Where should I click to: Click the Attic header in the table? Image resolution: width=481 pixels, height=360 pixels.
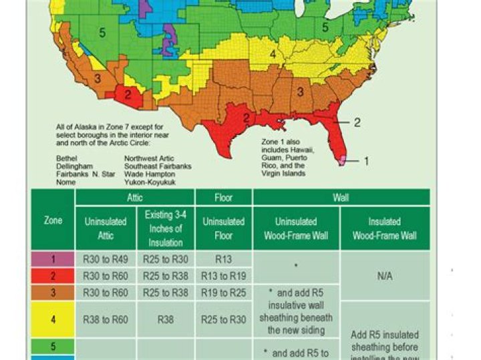tap(134, 197)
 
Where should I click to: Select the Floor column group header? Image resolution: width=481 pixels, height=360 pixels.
tap(224, 197)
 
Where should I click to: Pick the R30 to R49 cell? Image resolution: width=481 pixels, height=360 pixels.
tap(106, 258)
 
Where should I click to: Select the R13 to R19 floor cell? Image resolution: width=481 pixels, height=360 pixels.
tap(224, 275)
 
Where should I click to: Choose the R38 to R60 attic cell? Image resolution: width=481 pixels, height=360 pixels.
tap(106, 319)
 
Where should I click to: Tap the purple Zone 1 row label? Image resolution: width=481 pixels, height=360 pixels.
tap(53, 258)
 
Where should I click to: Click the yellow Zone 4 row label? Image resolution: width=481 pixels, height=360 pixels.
tap(53, 319)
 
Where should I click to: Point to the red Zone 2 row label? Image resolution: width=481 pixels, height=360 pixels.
tap(53, 275)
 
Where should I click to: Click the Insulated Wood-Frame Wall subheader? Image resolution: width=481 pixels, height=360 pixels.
tap(385, 228)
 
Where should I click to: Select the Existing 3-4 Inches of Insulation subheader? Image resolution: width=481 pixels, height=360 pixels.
tap(166, 228)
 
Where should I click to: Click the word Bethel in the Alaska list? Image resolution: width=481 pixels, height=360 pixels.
tap(67, 158)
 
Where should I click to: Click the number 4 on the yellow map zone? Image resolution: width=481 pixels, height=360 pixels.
tap(273, 53)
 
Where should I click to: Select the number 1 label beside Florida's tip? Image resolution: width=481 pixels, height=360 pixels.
tap(365, 161)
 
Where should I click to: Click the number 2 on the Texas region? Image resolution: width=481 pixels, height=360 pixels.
tap(246, 118)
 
